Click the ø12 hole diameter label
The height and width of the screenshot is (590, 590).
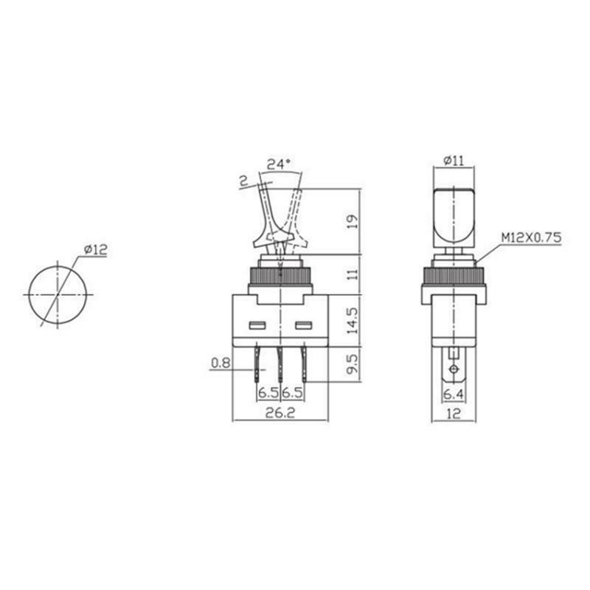[x=96, y=249]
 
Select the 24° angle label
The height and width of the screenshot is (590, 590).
[x=279, y=164]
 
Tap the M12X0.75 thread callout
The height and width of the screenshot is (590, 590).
[x=531, y=237]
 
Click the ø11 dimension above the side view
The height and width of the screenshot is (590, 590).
[x=454, y=161]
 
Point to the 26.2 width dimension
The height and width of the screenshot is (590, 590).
[x=280, y=413]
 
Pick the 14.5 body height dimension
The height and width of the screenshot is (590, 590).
[x=353, y=320]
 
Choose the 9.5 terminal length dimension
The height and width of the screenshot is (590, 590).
[x=353, y=364]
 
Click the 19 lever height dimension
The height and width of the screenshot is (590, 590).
[x=353, y=222]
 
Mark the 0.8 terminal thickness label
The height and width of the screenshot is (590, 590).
[x=221, y=363]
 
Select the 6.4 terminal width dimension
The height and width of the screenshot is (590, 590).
[x=454, y=394]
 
